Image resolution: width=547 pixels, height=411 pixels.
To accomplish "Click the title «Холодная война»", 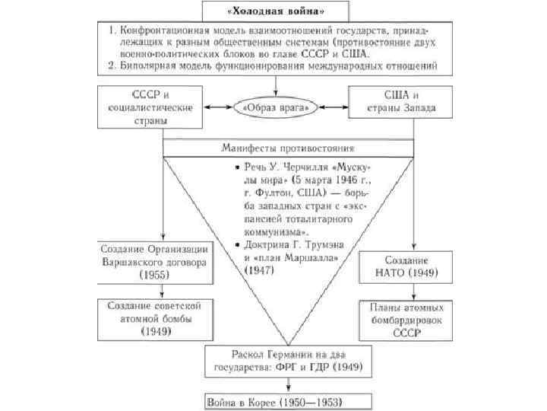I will (x=273, y=10).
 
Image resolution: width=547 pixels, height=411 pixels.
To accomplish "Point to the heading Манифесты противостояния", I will (x=289, y=148).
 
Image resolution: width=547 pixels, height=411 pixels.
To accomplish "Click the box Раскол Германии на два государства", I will (x=288, y=361).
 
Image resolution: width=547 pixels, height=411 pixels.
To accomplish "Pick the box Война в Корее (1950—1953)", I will (x=288, y=400).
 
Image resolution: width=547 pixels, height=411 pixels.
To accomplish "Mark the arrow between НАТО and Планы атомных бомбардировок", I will (x=413, y=290).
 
